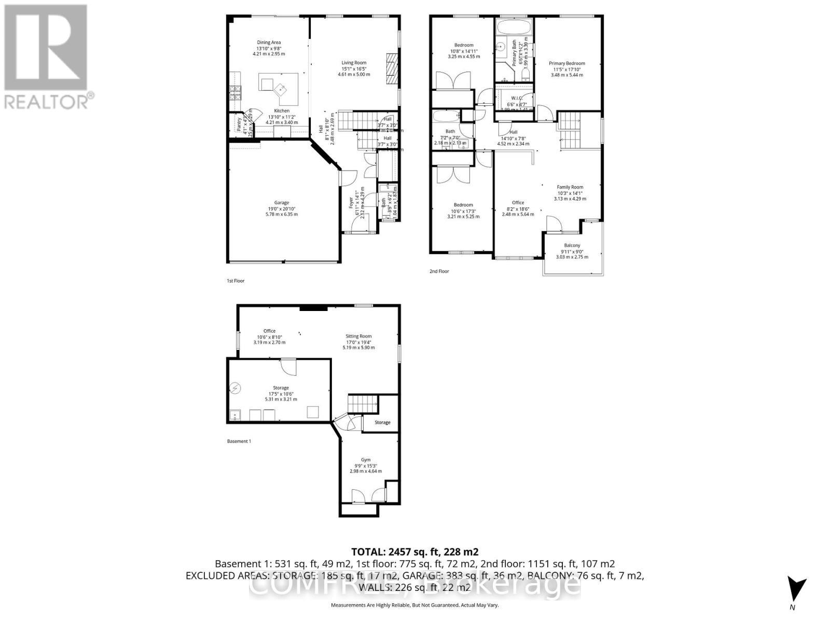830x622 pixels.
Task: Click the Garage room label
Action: click(x=282, y=203)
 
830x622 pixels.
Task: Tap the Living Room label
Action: click(x=354, y=63)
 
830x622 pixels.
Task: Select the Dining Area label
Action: click(x=269, y=43)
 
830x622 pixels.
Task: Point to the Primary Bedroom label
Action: click(x=567, y=64)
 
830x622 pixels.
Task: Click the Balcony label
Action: click(x=572, y=246)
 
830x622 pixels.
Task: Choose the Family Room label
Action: click(x=570, y=187)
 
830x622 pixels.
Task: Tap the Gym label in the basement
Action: click(x=366, y=460)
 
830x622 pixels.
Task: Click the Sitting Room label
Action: click(x=358, y=336)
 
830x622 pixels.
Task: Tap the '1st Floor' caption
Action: click(x=236, y=281)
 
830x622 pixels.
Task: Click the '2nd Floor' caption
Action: click(x=439, y=271)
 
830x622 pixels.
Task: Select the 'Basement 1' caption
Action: click(x=239, y=442)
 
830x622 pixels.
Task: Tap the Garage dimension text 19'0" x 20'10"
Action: click(x=282, y=208)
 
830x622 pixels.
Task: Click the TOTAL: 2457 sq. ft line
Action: click(x=414, y=552)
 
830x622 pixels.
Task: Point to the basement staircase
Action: click(x=360, y=403)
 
